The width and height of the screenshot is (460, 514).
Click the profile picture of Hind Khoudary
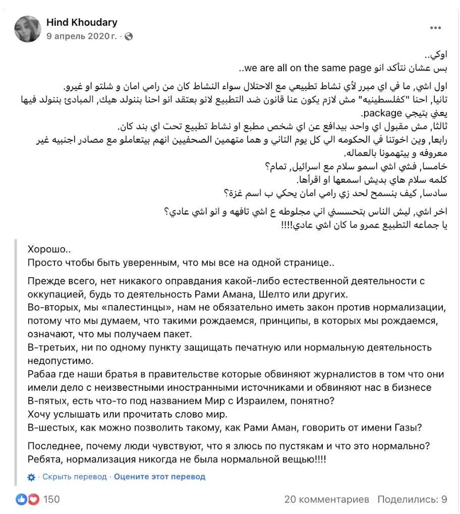coord(28,29)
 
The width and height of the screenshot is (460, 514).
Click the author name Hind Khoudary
coord(82,22)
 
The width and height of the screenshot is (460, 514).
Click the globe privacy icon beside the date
coord(128,36)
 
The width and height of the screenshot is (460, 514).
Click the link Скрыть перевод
coord(75,477)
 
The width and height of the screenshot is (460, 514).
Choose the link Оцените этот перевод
coord(159,477)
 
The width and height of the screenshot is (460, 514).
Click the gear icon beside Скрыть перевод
coord(31,477)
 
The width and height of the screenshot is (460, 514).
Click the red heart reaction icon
coord(33,499)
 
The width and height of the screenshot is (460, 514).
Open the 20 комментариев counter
coord(327,499)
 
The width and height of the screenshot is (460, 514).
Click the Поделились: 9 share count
coord(412,499)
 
